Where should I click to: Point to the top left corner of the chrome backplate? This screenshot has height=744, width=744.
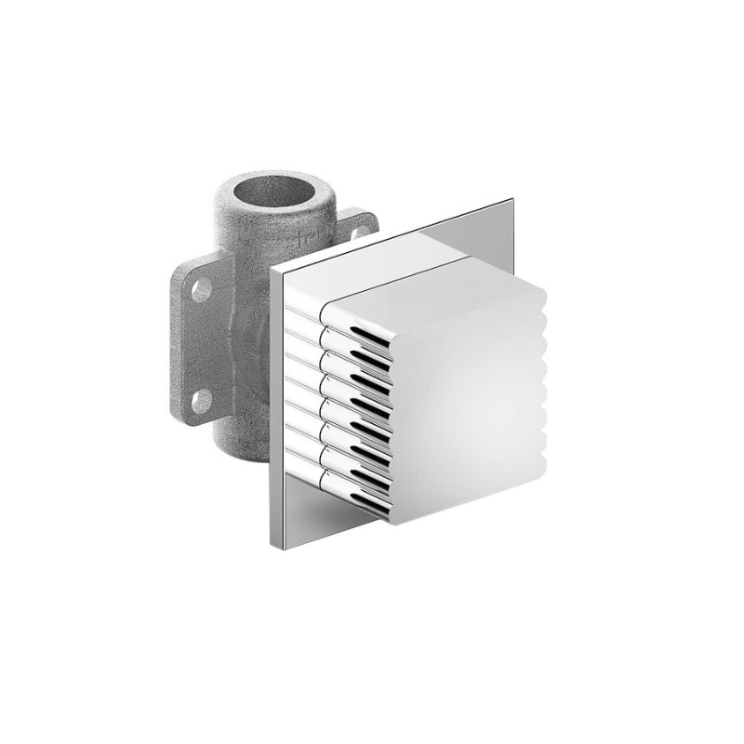coord(272,266)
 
